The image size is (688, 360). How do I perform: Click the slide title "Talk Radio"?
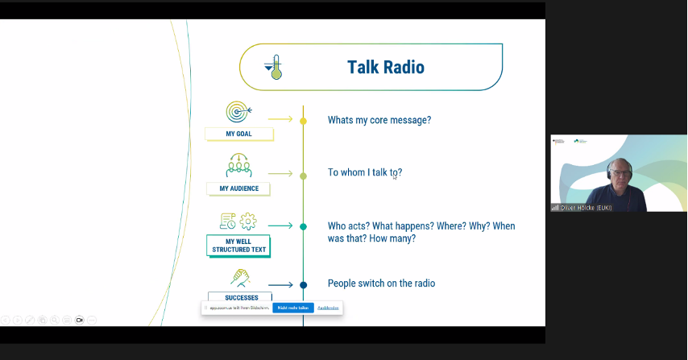pos(385,67)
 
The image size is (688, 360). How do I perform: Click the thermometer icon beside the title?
pos(274,67)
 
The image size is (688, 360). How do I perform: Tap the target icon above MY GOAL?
pos(238,111)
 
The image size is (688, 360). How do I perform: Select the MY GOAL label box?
pos(238,134)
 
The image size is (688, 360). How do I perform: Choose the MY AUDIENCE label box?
pos(238,188)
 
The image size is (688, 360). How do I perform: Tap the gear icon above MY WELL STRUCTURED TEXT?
pos(248,221)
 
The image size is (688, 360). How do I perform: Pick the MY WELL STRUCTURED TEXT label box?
pos(238,246)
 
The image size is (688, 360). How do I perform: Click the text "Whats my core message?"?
pos(379,120)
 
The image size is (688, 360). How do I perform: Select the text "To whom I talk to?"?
pos(364,172)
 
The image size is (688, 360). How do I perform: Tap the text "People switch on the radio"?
pos(381,283)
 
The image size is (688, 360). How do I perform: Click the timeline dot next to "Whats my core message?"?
pos(303,121)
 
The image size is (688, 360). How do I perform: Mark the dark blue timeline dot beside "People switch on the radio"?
pos(303,284)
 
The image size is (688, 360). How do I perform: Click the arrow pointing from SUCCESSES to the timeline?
pos(280,284)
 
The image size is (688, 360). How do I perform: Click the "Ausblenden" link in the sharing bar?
pos(328,308)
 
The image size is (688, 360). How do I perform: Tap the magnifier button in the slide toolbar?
pos(55,320)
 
